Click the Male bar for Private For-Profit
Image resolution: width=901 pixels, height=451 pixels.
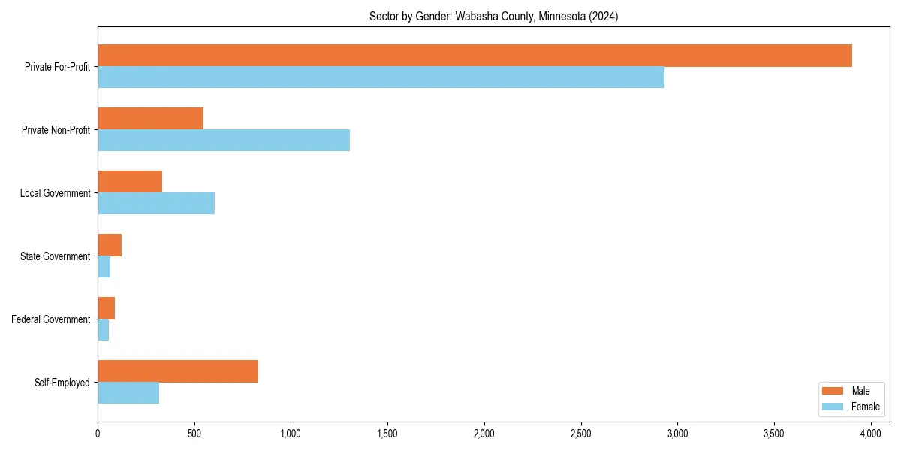click(x=475, y=56)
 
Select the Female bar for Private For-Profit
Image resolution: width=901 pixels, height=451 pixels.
click(x=381, y=77)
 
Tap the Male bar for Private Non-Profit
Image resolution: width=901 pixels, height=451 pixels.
click(x=150, y=119)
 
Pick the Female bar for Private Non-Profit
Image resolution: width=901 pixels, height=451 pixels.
click(x=224, y=141)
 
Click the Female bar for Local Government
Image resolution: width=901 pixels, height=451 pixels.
click(x=156, y=204)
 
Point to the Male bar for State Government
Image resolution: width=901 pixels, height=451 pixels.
click(x=110, y=245)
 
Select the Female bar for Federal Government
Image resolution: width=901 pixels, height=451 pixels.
click(x=104, y=330)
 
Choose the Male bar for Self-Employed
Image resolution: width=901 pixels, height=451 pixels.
click(x=178, y=371)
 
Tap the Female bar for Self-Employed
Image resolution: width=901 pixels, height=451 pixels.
click(x=128, y=393)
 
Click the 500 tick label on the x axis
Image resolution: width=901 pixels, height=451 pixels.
click(x=194, y=434)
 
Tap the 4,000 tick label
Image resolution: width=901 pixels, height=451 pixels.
click(x=871, y=434)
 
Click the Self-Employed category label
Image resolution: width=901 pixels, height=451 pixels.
click(x=62, y=383)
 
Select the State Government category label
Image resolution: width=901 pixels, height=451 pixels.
click(x=56, y=256)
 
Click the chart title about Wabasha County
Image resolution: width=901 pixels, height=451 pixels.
click(x=493, y=17)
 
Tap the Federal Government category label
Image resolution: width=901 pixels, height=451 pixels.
click(x=51, y=319)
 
